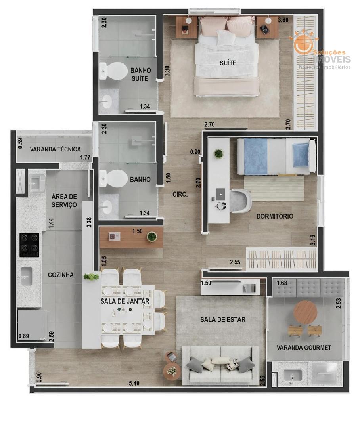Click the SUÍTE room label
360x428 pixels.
click(228, 63)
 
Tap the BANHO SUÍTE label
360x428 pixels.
click(140, 74)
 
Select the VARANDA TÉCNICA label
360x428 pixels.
click(55, 149)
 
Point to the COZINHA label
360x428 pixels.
click(61, 275)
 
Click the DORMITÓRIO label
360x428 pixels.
click(275, 216)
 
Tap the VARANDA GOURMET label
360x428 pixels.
click(304, 348)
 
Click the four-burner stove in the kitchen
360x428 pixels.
click(29, 245)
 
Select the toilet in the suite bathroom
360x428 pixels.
click(113, 71)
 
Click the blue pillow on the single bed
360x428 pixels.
click(301, 155)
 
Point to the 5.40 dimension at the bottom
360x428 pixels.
click(134, 383)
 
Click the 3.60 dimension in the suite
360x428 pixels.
click(283, 20)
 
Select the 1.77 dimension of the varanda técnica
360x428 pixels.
click(85, 157)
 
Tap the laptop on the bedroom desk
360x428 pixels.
click(221, 194)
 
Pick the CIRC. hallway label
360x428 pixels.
click(180, 194)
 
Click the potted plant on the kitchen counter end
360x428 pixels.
click(91, 277)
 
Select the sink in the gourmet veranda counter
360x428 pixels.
click(293, 375)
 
